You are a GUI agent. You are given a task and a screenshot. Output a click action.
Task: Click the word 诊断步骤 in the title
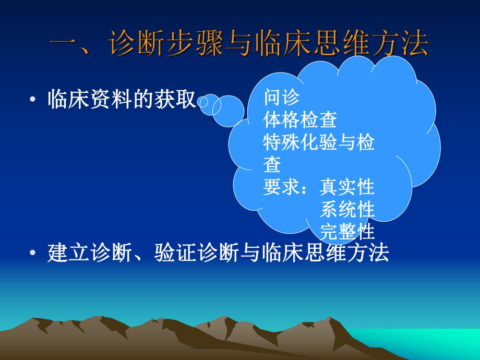pyautogui.click(x=160, y=44)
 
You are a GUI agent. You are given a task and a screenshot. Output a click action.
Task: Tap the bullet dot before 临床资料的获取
pyautogui.click(x=33, y=101)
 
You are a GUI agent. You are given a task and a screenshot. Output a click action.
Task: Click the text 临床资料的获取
pyautogui.click(x=122, y=99)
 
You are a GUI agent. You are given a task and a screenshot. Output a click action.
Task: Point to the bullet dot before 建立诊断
pyautogui.click(x=33, y=254)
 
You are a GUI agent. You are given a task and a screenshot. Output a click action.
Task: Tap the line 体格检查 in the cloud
pyautogui.click(x=300, y=120)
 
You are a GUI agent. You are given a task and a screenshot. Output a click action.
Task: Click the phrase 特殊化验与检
pyautogui.click(x=319, y=142)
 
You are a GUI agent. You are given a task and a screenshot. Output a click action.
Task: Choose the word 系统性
pyautogui.click(x=347, y=209)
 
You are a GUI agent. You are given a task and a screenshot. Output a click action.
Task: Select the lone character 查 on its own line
pyautogui.click(x=272, y=165)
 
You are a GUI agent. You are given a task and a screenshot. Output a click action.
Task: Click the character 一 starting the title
pyautogui.click(x=67, y=44)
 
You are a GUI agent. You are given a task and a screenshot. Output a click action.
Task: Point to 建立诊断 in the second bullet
pyautogui.click(x=92, y=253)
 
